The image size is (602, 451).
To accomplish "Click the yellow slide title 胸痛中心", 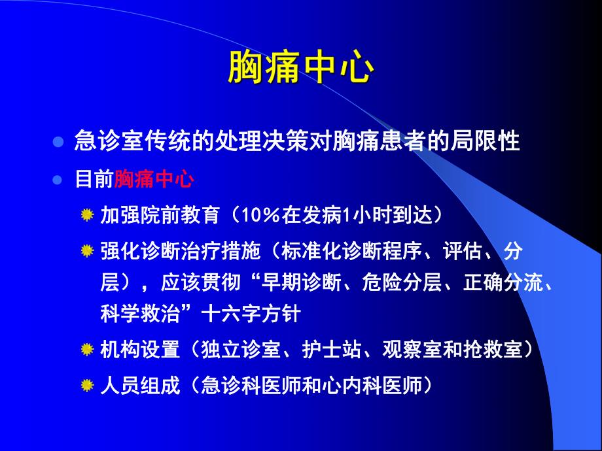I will point(300,69).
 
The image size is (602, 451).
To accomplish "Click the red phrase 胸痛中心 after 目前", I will point(153,180).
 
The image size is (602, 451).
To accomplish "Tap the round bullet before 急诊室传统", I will point(58,142).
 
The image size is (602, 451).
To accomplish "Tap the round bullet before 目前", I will point(58,180).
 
